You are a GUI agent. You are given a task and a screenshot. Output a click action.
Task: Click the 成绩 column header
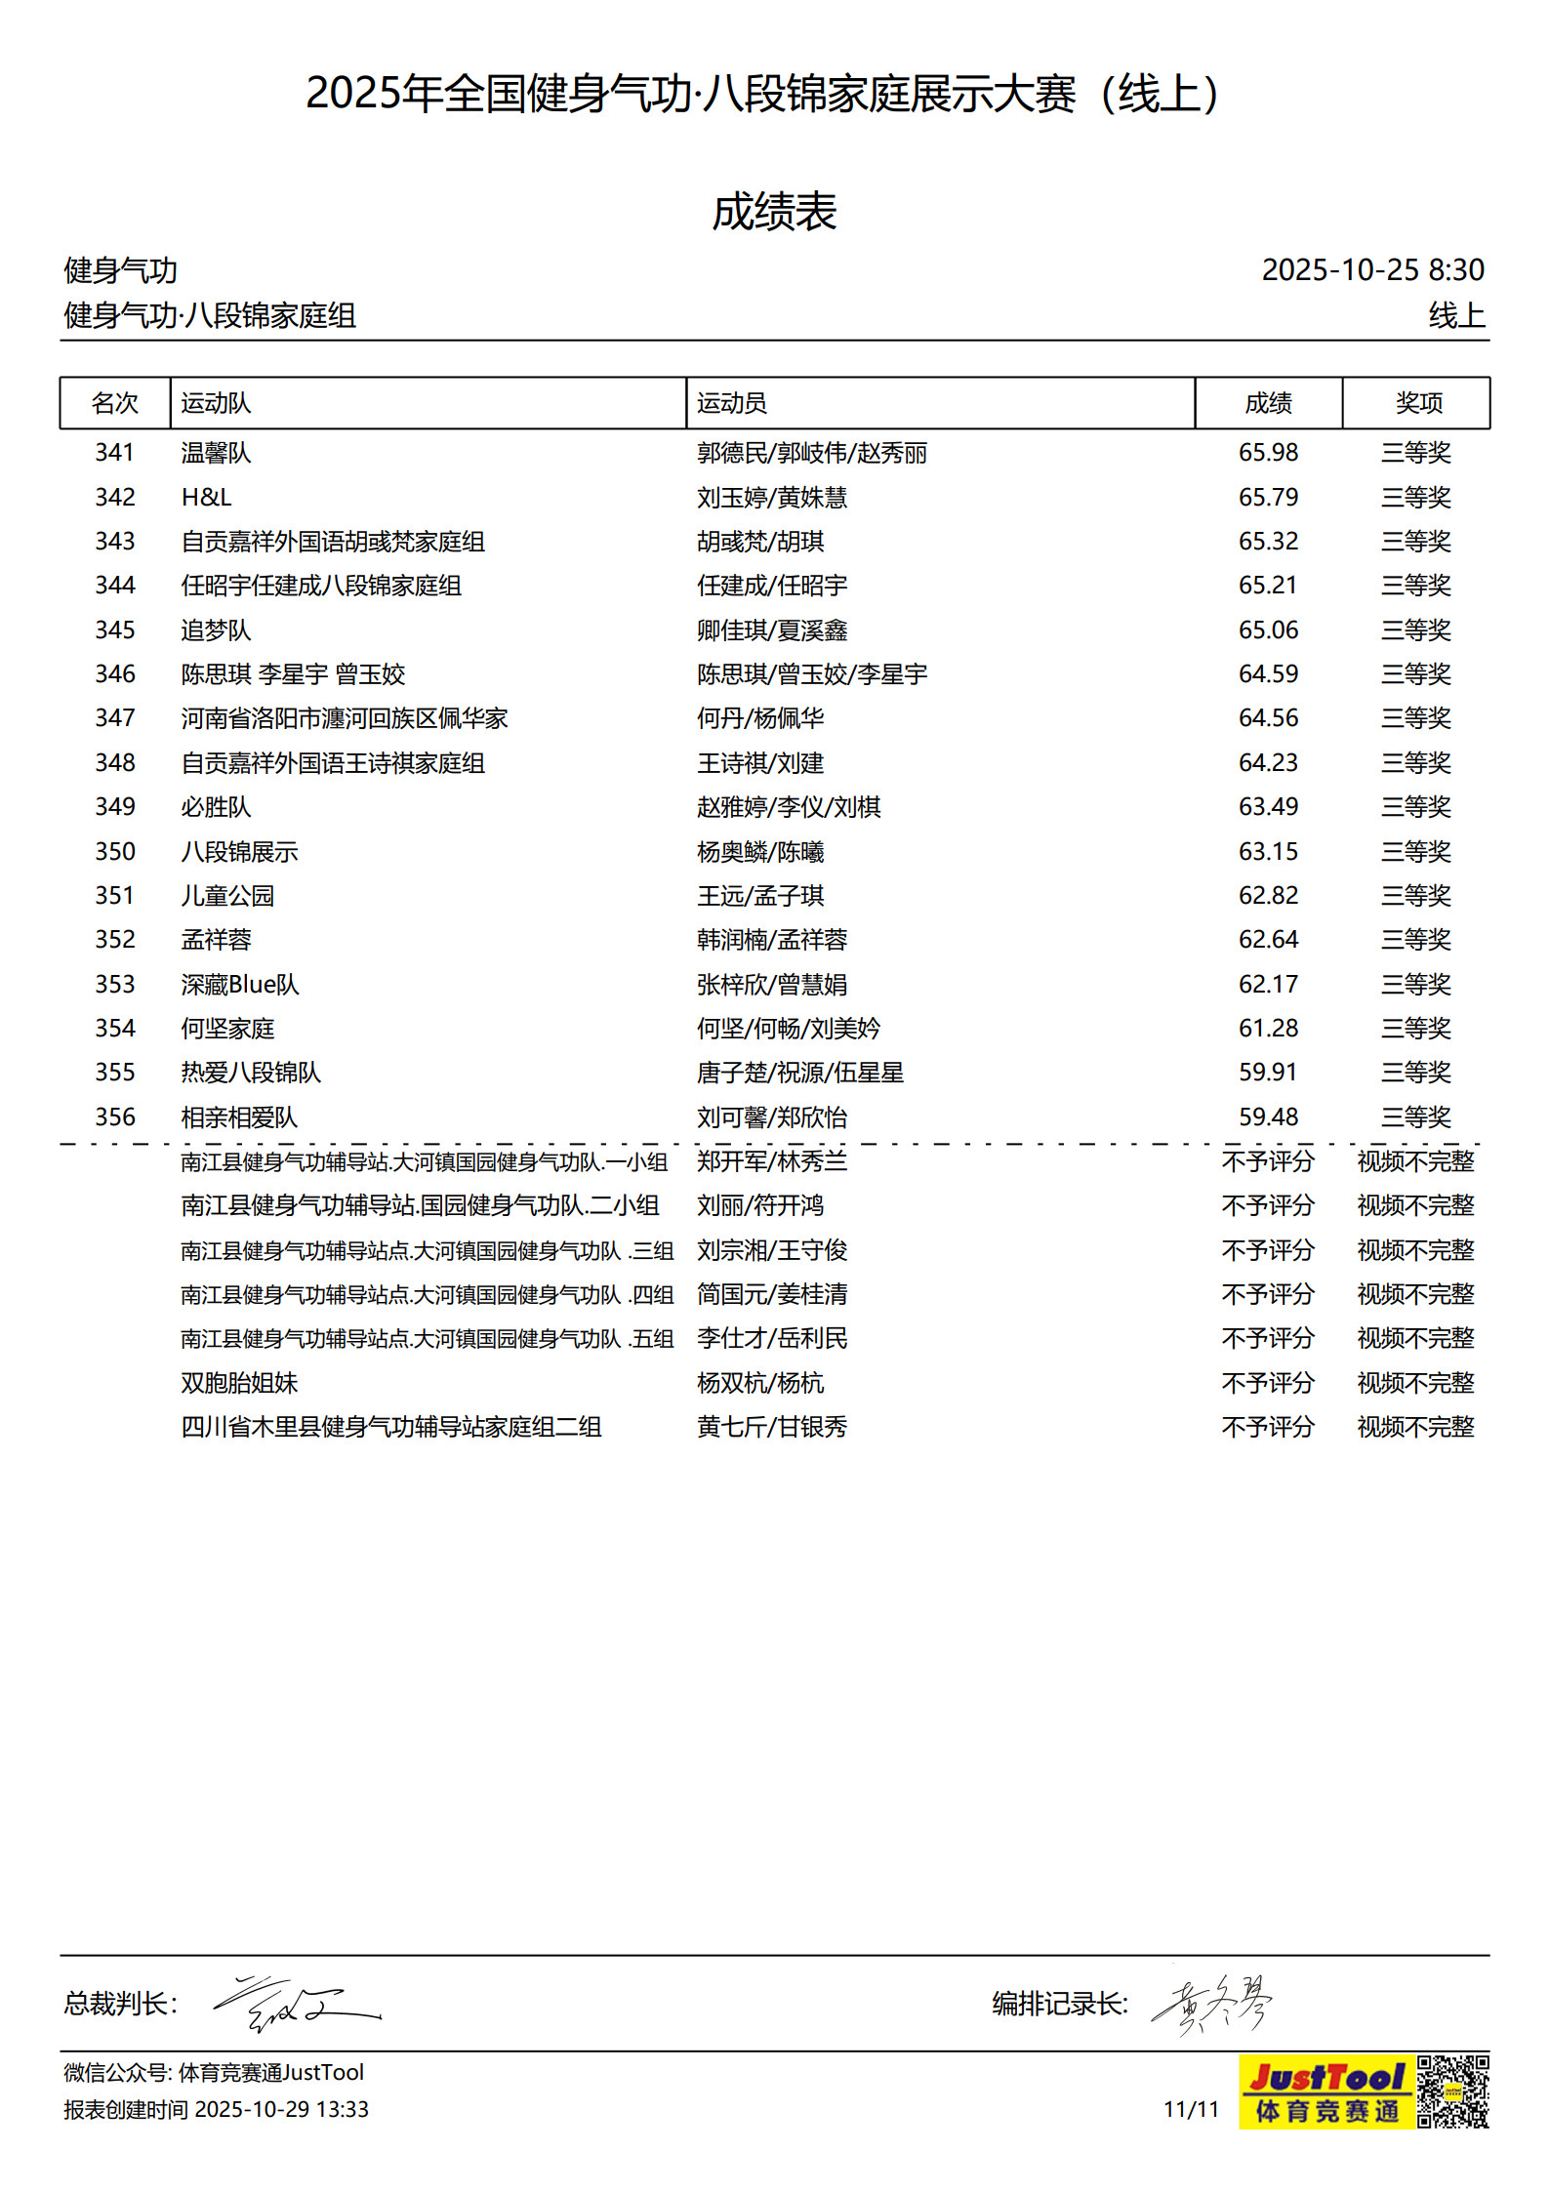click(x=1267, y=403)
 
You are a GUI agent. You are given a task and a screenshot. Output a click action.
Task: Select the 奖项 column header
click(x=1417, y=403)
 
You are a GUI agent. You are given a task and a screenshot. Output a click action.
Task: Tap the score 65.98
click(x=1267, y=453)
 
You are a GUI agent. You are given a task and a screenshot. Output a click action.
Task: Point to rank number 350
click(x=114, y=852)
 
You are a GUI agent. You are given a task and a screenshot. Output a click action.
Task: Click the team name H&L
click(x=206, y=498)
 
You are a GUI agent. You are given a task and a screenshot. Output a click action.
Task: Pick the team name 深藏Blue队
click(x=239, y=985)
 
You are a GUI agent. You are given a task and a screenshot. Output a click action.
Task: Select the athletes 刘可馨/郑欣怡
click(x=771, y=1117)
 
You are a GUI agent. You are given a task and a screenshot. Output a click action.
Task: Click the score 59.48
click(x=1267, y=1117)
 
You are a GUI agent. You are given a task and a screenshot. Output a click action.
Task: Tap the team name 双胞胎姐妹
click(x=239, y=1383)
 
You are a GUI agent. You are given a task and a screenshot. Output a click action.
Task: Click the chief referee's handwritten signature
click(x=296, y=2004)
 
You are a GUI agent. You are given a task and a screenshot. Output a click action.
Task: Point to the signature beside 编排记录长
click(x=1212, y=2004)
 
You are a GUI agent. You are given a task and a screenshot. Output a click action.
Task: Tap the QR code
click(x=1452, y=2091)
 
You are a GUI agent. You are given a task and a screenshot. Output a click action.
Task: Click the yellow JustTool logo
click(x=1326, y=2091)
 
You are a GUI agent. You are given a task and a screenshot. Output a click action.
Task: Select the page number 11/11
click(x=1191, y=2109)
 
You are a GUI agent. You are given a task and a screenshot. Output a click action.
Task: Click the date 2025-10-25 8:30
click(x=1371, y=270)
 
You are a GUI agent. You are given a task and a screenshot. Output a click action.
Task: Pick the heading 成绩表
click(x=774, y=212)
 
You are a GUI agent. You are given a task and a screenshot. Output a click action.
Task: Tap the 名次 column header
click(x=114, y=403)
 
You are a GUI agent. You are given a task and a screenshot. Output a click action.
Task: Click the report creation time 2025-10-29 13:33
click(x=281, y=2110)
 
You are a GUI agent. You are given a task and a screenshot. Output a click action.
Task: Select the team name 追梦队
click(x=216, y=630)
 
